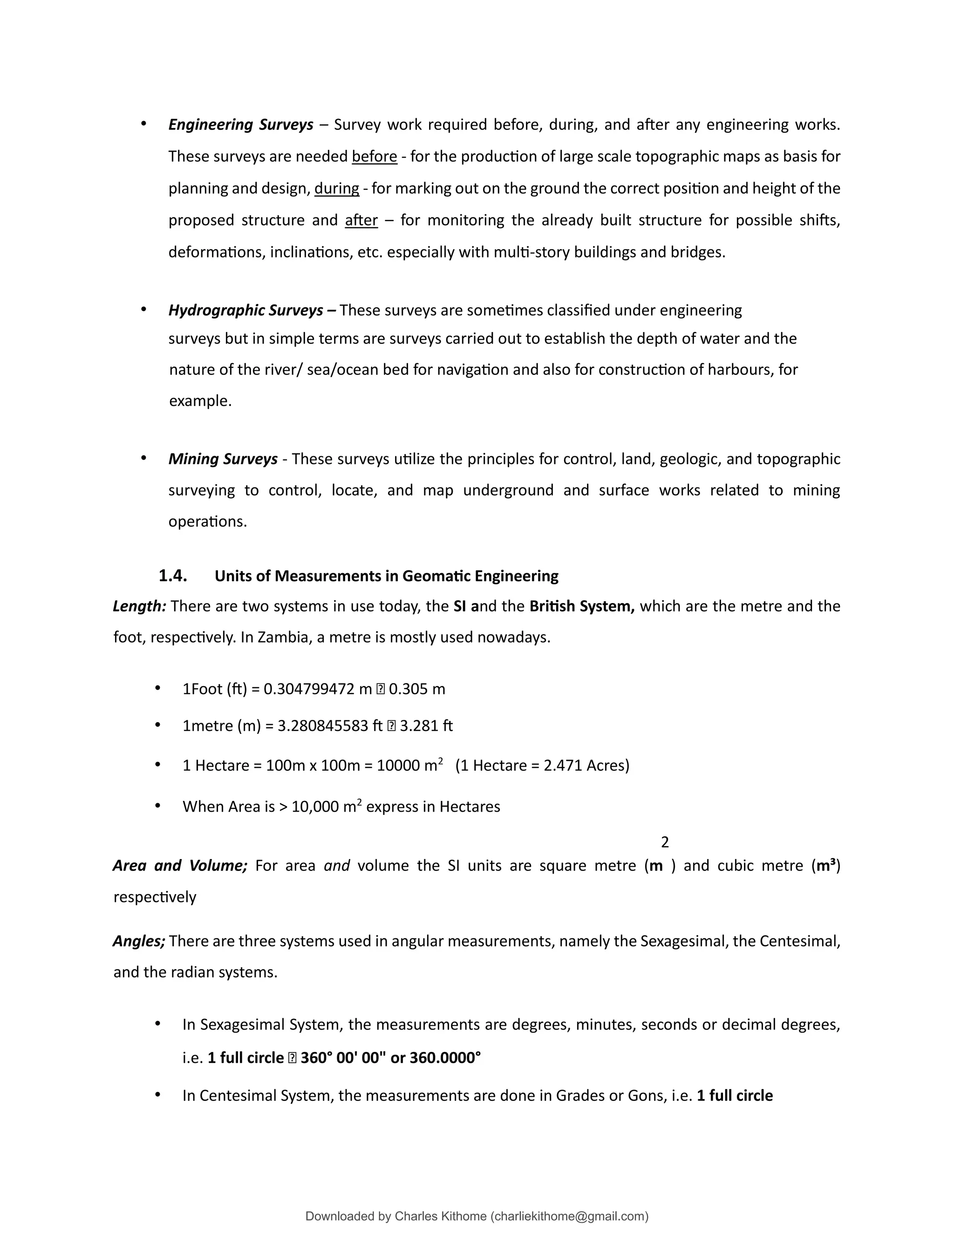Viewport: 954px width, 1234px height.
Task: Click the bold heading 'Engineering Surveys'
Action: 241,124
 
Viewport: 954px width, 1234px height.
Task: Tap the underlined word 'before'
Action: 374,156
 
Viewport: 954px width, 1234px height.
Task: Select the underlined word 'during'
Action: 336,188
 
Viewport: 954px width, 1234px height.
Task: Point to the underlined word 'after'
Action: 361,220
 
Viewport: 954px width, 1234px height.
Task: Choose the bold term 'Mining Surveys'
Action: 223,459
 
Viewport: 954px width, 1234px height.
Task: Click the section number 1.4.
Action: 172,576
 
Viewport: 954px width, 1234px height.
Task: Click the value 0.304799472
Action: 309,689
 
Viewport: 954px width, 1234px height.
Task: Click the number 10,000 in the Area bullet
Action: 315,807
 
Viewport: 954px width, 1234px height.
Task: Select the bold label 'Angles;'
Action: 139,941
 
